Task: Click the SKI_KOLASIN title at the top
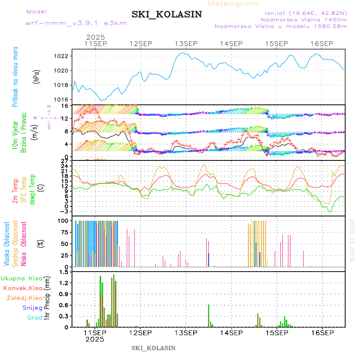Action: [167, 14]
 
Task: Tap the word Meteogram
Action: [233, 4]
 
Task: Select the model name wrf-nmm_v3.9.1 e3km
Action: [76, 23]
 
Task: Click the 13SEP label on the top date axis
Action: [185, 44]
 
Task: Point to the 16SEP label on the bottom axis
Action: [322, 333]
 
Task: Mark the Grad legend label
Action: [35, 318]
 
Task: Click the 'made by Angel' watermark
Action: [352, 240]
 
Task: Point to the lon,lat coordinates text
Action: [303, 13]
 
